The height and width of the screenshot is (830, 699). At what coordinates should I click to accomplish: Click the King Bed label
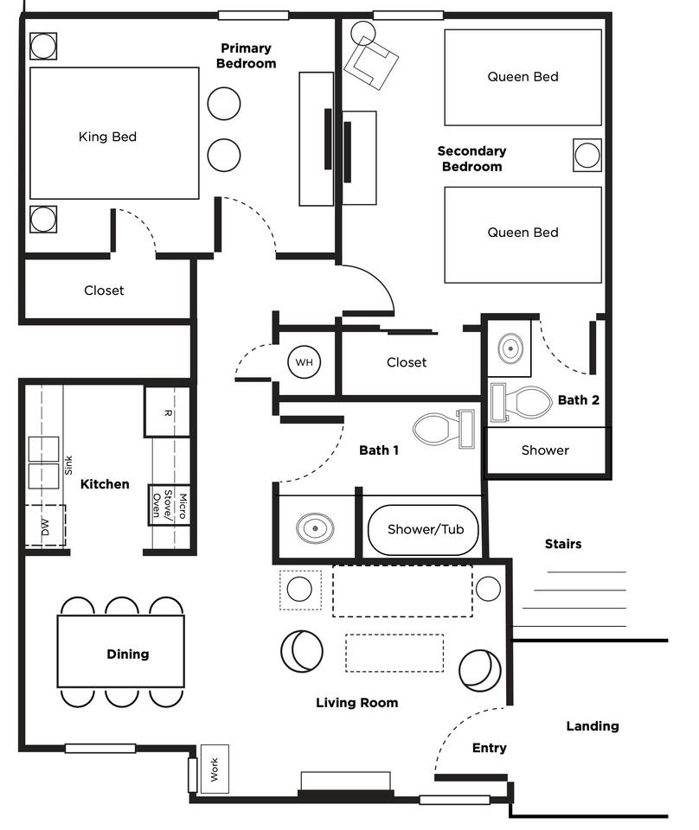[107, 137]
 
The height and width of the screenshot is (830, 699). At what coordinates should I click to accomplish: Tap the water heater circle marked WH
[304, 362]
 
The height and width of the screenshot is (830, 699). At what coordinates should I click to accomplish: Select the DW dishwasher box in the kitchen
[46, 525]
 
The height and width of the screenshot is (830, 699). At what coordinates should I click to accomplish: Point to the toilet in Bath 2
[521, 402]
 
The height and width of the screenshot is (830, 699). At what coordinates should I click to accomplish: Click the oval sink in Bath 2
[510, 348]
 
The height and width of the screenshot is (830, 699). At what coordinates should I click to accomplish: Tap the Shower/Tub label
[426, 529]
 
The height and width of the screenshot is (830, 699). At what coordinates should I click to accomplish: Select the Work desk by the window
[215, 769]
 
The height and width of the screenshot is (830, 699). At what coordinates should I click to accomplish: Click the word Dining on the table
[128, 654]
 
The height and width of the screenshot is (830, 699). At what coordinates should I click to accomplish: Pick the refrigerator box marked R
[167, 412]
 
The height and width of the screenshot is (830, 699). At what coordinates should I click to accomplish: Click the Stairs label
[563, 544]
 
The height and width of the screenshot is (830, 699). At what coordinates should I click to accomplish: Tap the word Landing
[593, 725]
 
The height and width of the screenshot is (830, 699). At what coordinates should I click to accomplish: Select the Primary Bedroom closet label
[104, 290]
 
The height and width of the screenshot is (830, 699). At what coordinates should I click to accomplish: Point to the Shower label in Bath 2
[545, 450]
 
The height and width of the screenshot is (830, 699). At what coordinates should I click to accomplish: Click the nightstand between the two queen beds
[587, 155]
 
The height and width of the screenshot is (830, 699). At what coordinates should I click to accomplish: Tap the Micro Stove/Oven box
[169, 504]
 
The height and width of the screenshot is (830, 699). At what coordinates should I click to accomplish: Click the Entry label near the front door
[490, 747]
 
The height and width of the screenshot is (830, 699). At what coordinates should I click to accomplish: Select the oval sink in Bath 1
[315, 528]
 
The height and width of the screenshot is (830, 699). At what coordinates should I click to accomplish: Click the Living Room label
[357, 702]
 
